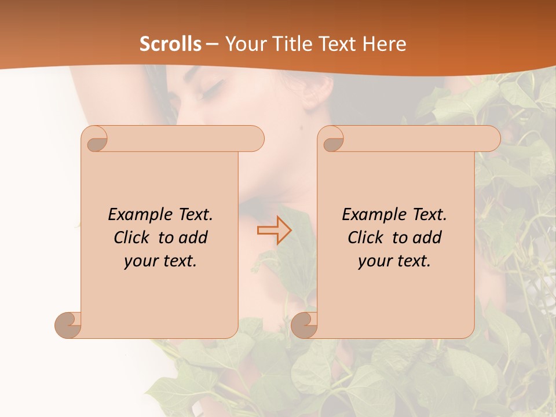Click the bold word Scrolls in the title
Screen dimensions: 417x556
pyautogui.click(x=170, y=44)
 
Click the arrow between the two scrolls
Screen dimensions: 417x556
pyautogui.click(x=274, y=230)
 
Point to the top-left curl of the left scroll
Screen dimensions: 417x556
pyautogui.click(x=96, y=140)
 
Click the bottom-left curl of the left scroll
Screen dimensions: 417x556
pyautogui.click(x=68, y=324)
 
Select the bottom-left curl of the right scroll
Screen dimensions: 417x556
pyautogui.click(x=304, y=324)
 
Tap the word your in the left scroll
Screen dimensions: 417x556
pyautogui.click(x=140, y=261)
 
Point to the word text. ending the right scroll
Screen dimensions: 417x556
pyautogui.click(x=412, y=261)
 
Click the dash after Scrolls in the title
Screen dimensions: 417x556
pyautogui.click(x=212, y=44)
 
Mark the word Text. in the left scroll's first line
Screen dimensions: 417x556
pyautogui.click(x=196, y=215)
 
